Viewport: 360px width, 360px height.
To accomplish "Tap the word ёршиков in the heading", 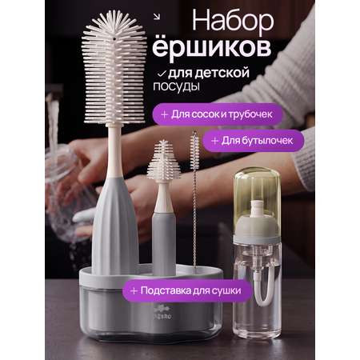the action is tap(212, 48).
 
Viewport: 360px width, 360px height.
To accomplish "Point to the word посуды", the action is tap(177, 86).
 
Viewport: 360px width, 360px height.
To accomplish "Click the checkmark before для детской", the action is tap(162, 74).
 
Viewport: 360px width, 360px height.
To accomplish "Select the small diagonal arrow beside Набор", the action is tap(157, 17).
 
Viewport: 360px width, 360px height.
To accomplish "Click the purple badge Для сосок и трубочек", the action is tap(218, 114).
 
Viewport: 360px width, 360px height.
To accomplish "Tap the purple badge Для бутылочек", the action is tap(253, 141).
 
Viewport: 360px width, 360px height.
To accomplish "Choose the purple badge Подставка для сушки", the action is tap(187, 290).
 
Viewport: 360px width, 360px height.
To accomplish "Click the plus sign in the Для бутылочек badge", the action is tap(214, 141).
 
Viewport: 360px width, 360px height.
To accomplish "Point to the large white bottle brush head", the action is tap(114, 69).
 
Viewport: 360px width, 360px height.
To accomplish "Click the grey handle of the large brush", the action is tap(114, 224).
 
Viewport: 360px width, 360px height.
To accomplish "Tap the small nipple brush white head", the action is tap(163, 161).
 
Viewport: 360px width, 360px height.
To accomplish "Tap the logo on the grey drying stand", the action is tap(162, 312).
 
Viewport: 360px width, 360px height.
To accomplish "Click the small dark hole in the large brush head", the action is tap(114, 38).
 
